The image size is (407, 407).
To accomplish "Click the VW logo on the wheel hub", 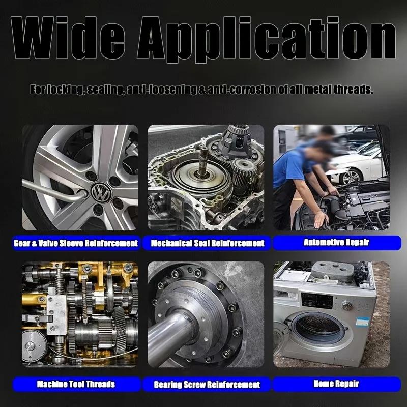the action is point(101,192).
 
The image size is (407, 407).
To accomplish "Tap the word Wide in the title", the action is point(68,38).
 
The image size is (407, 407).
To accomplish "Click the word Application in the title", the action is point(267,40).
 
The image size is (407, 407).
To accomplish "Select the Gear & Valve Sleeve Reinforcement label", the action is point(76,243).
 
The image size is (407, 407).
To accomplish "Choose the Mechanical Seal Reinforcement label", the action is point(208,243).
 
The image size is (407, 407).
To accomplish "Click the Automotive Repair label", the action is point(336,243).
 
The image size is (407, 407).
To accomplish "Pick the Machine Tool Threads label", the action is point(76,384).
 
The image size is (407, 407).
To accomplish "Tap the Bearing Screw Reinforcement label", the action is point(207,385).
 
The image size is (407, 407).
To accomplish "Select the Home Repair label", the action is point(336,384).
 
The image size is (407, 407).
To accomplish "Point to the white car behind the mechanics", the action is point(358,166).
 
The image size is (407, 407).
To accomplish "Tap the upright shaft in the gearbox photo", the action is point(202,161).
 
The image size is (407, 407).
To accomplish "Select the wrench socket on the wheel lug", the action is point(82,193).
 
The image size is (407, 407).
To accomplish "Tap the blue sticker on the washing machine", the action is point(362,322).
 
